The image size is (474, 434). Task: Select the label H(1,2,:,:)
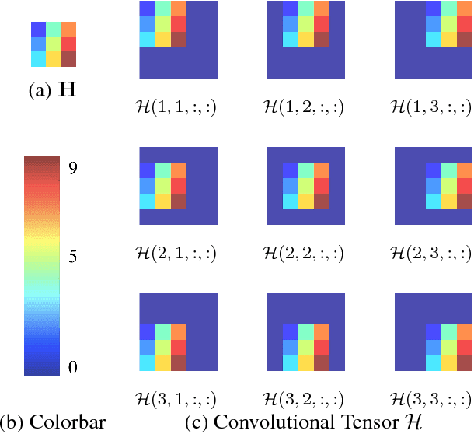click(305, 107)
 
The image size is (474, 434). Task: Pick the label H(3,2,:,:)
click(305, 399)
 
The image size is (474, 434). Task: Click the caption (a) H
click(54, 90)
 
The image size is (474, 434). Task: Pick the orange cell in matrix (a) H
click(69, 29)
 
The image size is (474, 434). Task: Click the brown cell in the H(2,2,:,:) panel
click(322, 201)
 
